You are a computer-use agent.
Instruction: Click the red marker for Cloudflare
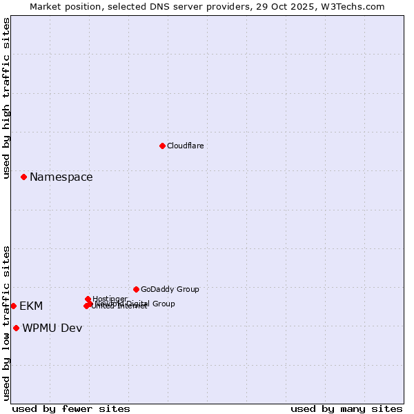pos(162,146)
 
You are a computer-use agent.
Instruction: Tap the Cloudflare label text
pos(186,146)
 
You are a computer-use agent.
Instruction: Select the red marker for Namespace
pos(23,177)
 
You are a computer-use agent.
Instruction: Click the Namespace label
pos(61,177)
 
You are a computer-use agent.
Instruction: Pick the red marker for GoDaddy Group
pos(136,289)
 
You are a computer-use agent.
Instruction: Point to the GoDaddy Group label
pos(170,290)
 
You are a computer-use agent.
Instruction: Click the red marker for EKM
pos(13,306)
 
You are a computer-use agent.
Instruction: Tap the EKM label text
pos(31,306)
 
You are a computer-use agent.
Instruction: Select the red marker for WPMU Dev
pos(16,328)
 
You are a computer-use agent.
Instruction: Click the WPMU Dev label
pos(52,328)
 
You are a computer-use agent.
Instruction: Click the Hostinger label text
pos(110,299)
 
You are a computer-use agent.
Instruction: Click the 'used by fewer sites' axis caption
pos(71,408)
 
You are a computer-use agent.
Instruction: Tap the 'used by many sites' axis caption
pos(346,408)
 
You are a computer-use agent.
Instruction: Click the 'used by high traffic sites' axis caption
pos(6,98)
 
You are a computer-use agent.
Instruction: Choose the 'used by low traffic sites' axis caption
pos(6,323)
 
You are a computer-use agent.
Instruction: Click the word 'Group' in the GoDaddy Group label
pos(187,290)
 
